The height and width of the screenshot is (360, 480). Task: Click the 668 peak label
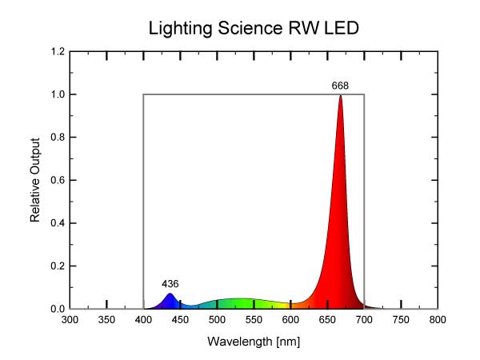click(x=341, y=85)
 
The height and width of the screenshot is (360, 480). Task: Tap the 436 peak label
click(x=170, y=284)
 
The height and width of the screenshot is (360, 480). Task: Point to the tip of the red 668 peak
click(x=341, y=96)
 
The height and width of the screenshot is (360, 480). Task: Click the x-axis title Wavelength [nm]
click(x=254, y=342)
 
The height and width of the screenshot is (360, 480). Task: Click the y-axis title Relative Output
click(x=35, y=181)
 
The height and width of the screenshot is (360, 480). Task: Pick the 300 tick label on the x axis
click(x=70, y=321)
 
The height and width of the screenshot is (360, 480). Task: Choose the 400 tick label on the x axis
click(x=144, y=321)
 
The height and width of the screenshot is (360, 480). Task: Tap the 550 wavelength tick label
click(x=254, y=321)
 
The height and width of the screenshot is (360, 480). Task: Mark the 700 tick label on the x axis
click(x=364, y=321)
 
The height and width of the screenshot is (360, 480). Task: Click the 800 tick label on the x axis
click(x=438, y=321)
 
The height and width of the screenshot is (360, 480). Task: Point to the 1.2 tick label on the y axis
click(x=57, y=52)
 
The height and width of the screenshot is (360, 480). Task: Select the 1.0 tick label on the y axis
click(x=57, y=94)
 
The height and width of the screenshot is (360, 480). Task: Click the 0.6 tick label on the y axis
click(x=57, y=181)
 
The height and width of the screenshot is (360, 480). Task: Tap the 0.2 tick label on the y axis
click(x=57, y=266)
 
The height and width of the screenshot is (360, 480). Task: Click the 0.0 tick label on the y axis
click(x=57, y=309)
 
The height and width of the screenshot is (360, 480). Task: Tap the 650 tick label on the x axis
click(x=327, y=321)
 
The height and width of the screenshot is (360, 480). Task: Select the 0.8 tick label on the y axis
click(x=57, y=138)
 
